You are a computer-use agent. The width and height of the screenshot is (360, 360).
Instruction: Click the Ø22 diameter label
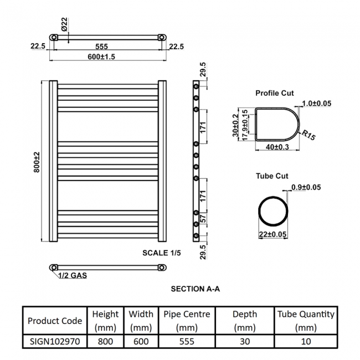pos(64,24)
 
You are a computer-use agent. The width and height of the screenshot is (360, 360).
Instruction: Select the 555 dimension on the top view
pos(101,47)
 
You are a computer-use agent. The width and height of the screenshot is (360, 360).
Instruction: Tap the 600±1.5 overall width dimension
pos(101,56)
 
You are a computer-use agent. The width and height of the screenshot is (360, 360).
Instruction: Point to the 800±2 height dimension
pos(37,162)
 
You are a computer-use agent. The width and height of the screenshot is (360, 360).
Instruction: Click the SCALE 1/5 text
pos(162,253)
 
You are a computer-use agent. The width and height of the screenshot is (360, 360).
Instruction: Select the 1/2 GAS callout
pos(73,275)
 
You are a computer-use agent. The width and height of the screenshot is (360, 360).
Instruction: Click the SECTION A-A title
pos(196,289)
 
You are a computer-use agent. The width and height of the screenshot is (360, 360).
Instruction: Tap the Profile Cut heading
pos(275,93)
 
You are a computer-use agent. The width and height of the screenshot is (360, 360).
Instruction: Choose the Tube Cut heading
pos(272,176)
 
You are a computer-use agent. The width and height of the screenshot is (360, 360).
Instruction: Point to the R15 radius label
pos(308,135)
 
